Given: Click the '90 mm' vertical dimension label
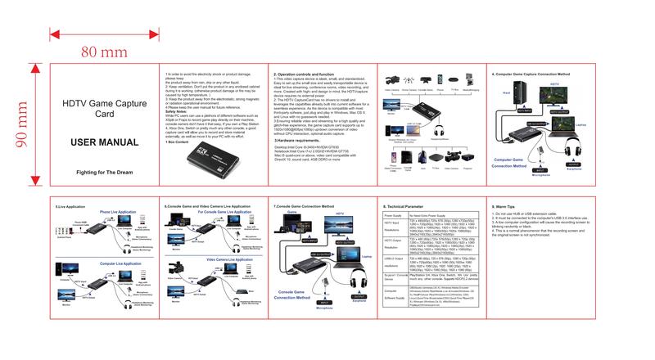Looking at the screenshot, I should [23, 129].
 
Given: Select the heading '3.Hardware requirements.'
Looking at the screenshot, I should [298, 141].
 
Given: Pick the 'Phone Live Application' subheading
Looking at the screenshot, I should [118, 212].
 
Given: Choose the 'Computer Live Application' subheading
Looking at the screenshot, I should [118, 264].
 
